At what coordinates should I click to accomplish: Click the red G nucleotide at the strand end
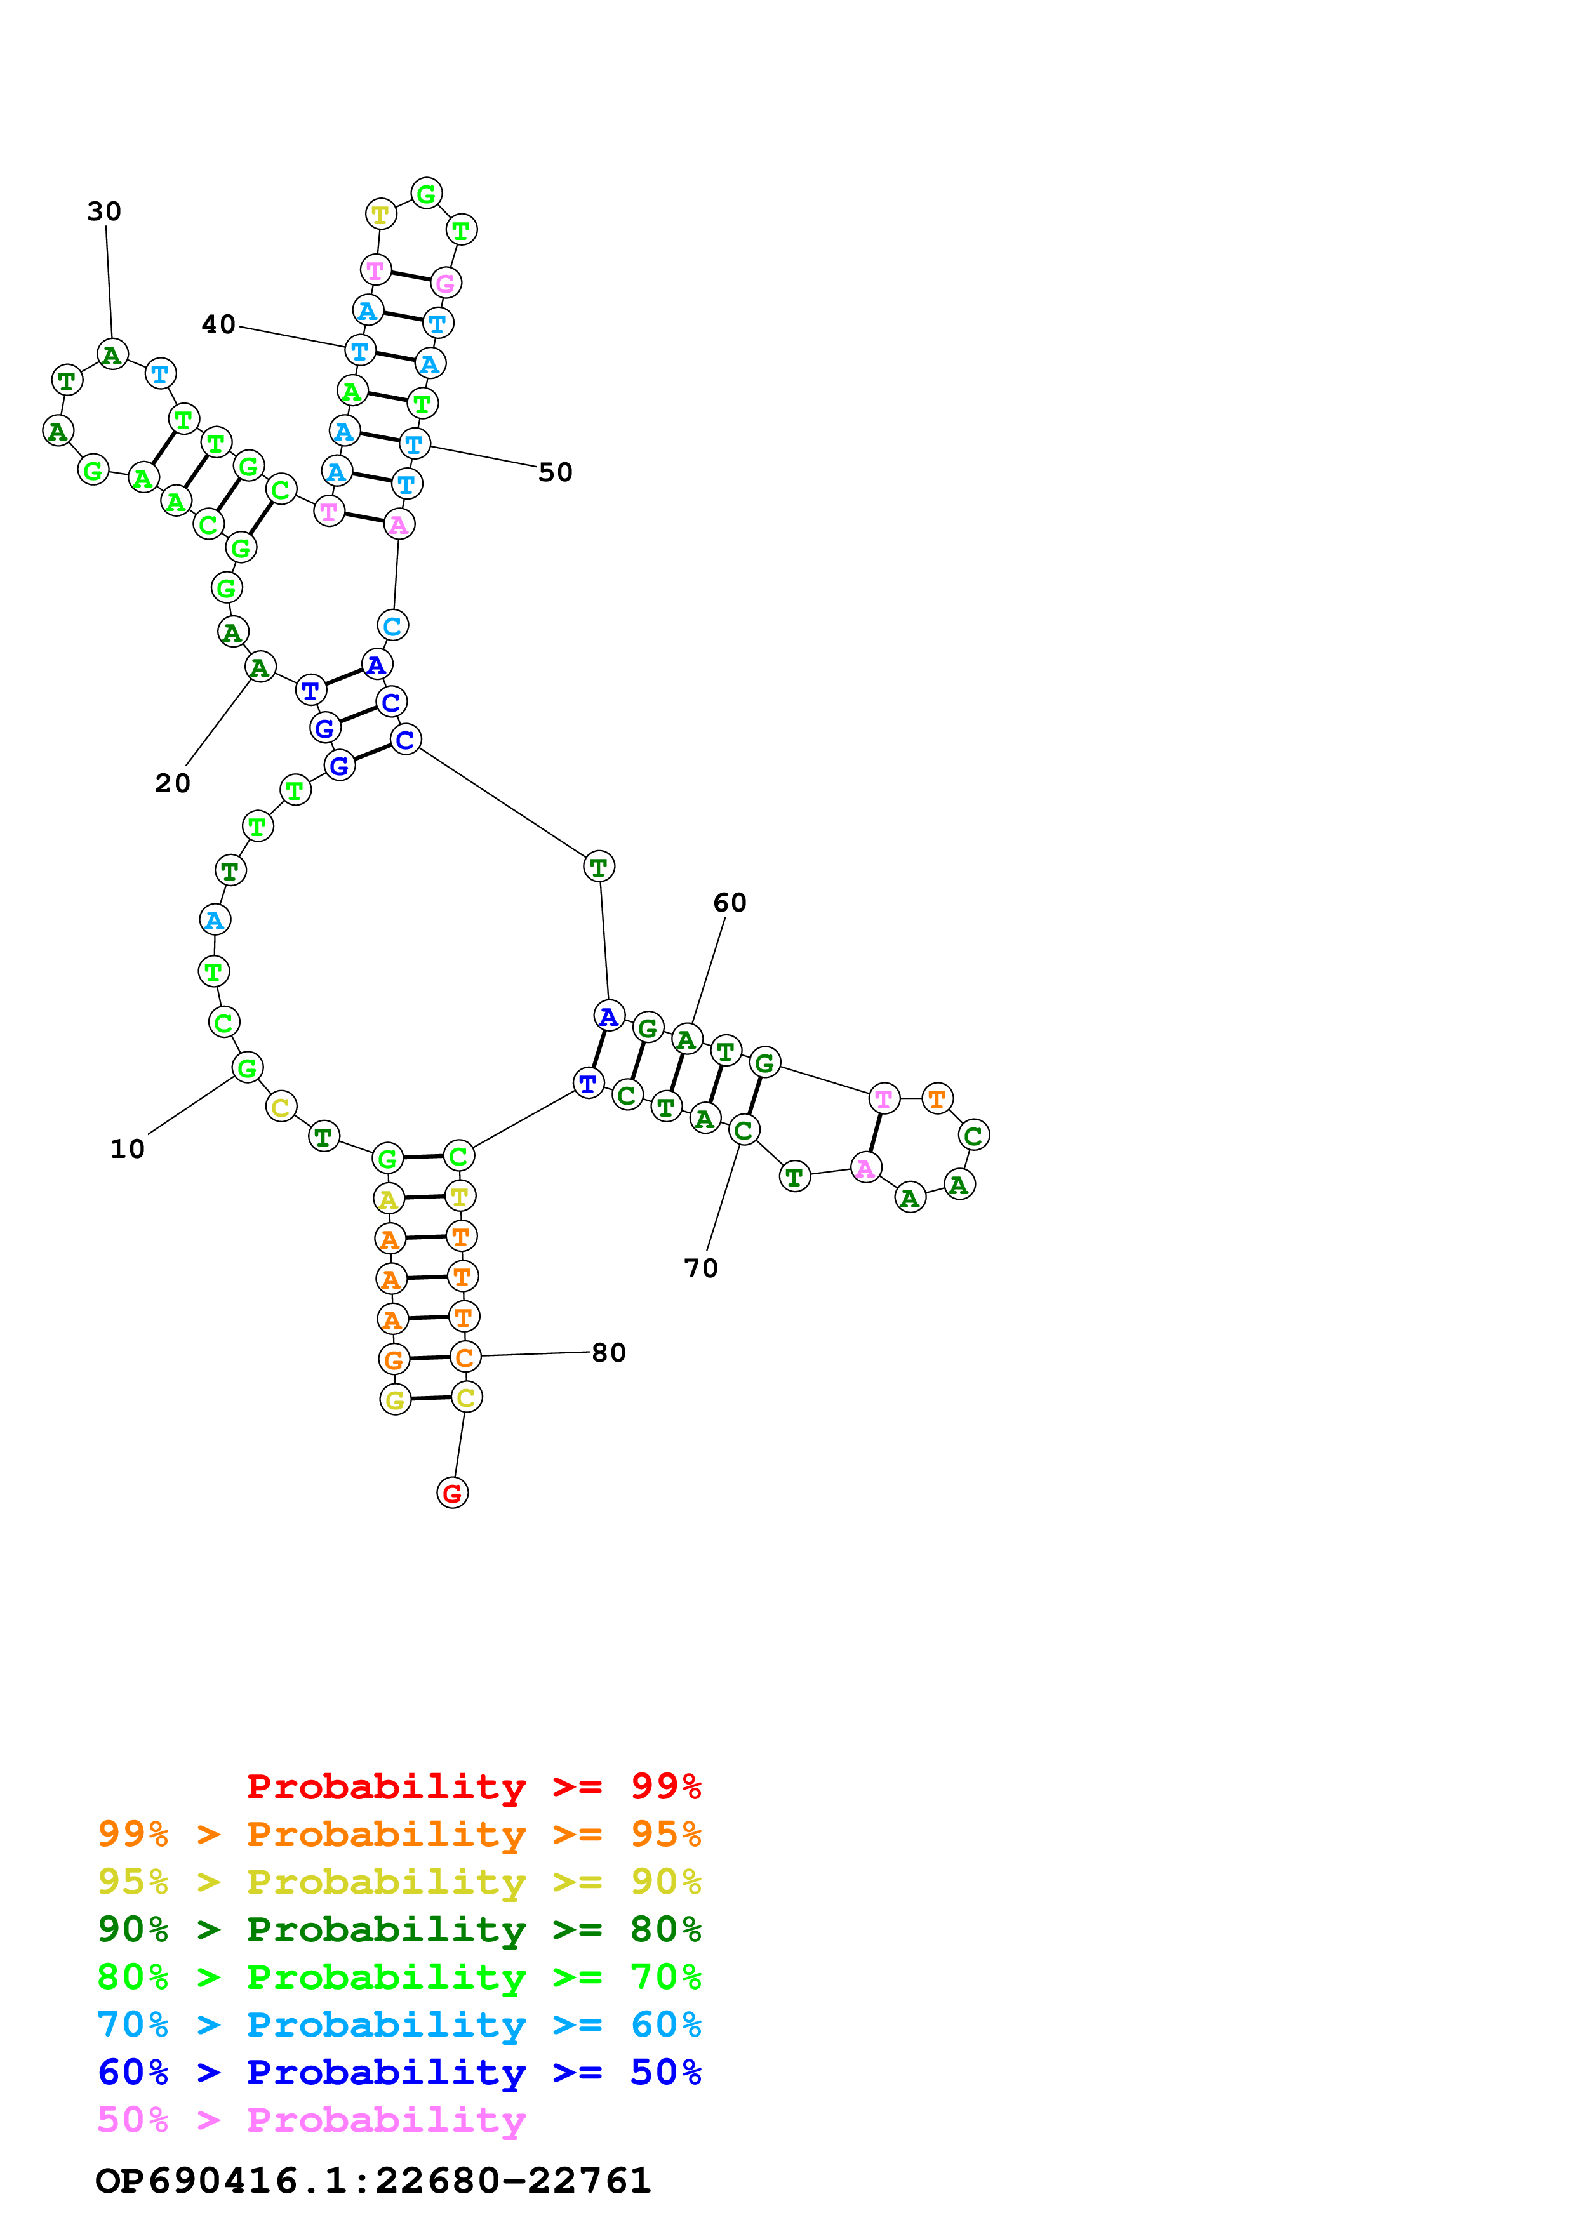(452, 1492)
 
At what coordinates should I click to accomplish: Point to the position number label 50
(556, 472)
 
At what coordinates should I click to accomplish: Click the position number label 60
(730, 903)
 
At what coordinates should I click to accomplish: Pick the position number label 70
(701, 1268)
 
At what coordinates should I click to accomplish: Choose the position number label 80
(609, 1352)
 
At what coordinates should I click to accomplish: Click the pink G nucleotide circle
(445, 283)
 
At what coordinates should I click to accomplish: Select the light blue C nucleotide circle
(392, 625)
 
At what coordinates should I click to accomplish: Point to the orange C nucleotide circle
(465, 1357)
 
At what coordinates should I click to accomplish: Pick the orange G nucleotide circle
(393, 1360)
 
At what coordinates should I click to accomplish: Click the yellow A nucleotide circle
(388, 1199)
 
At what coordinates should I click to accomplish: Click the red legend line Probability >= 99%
(473, 1786)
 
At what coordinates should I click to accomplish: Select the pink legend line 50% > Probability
(311, 2119)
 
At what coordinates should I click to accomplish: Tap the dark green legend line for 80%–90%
(399, 1929)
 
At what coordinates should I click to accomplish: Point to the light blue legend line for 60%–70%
(399, 2024)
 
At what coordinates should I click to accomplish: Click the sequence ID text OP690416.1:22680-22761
(373, 2181)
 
